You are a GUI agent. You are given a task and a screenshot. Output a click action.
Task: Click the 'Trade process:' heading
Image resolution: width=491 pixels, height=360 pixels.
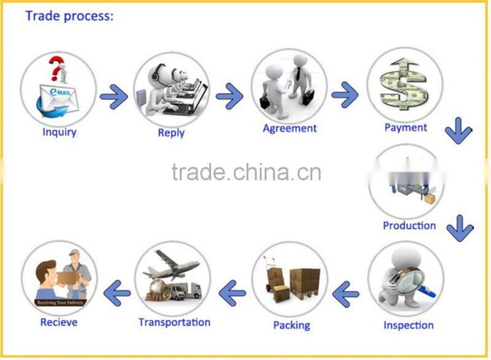coord(69,17)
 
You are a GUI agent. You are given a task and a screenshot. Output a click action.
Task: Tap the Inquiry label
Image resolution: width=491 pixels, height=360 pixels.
coord(59,131)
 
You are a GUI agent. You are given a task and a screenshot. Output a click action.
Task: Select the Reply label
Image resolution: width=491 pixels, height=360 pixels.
coord(171,132)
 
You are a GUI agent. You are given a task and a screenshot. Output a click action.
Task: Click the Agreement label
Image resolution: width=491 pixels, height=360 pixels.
coord(290,128)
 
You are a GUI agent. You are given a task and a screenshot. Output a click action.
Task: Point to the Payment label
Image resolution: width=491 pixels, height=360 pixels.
coord(405,128)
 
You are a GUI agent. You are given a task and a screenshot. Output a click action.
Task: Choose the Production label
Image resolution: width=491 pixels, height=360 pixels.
coord(409,225)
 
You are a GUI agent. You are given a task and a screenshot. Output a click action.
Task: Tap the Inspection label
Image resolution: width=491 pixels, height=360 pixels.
coord(408,325)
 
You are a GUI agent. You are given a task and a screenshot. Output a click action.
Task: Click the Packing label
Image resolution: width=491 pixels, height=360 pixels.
coord(292,325)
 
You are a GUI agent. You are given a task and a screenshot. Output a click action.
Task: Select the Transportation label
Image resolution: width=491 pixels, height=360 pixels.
coord(174,322)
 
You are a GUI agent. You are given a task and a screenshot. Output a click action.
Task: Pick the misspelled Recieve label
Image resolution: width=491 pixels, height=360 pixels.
coord(59,322)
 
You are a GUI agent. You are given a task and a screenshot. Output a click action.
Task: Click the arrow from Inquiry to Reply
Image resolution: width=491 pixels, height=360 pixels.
coord(114,96)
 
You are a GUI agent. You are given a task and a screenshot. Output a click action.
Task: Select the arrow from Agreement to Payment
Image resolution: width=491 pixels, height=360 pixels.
coord(345,94)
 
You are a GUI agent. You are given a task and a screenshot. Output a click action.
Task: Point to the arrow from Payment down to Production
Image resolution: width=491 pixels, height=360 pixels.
coord(458,131)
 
